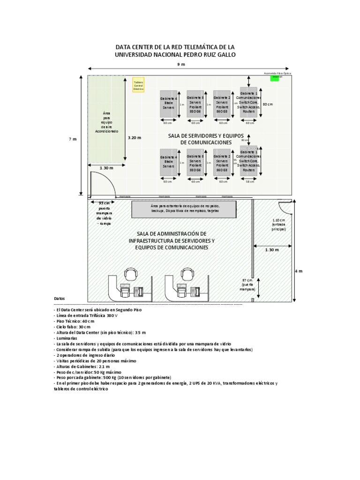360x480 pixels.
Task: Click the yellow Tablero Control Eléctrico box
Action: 138,85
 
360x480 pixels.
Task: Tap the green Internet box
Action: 274,78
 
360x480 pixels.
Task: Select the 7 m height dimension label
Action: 72,139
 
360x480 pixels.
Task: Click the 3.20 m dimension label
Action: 135,138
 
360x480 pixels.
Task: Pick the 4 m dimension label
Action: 299,271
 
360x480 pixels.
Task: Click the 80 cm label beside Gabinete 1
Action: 268,104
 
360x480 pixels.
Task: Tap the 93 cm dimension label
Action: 104,202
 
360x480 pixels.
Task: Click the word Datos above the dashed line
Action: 60,298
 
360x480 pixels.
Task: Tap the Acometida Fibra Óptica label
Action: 277,74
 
